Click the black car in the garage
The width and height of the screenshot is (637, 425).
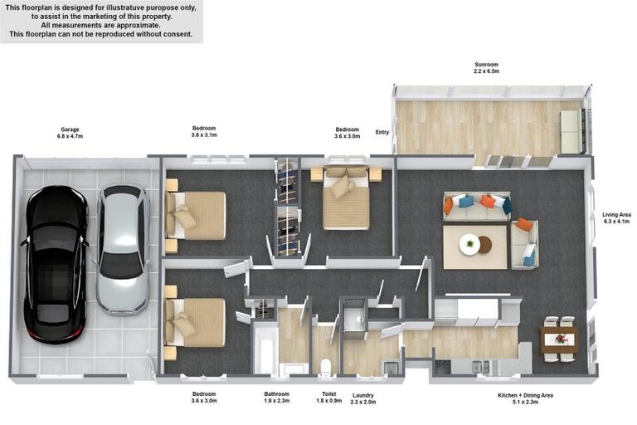point(56,264)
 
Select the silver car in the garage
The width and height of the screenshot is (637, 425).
point(122,249)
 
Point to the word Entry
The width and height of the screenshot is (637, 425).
point(382,132)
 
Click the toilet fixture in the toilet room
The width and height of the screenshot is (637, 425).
point(326,366)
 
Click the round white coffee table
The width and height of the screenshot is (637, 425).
point(469,244)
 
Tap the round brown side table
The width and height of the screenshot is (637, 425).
point(485,244)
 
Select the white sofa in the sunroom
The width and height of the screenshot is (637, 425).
point(571,132)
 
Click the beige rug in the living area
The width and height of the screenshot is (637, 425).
point(475,247)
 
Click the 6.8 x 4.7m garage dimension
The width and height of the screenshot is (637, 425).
point(70,137)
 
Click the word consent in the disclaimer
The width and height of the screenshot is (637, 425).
point(179,34)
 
